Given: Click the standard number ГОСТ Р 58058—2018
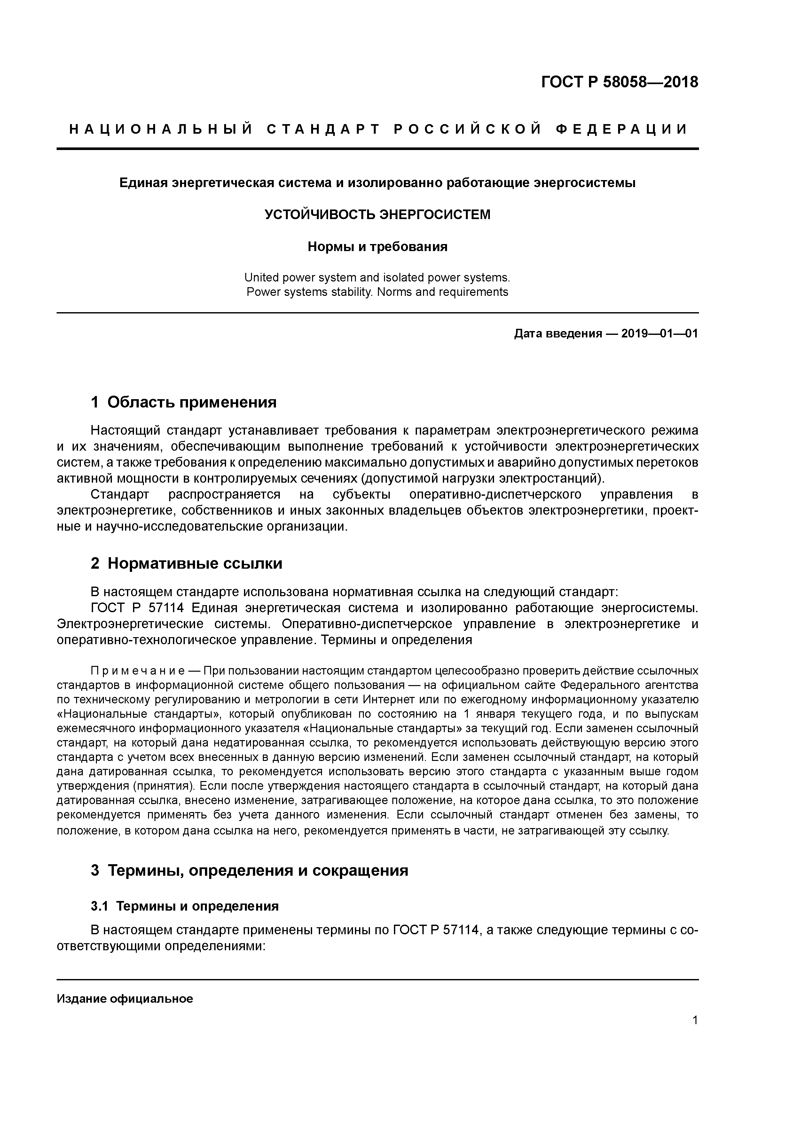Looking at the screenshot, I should click(x=620, y=82).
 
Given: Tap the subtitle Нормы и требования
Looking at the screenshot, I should click(x=377, y=247).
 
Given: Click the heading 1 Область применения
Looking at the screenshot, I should click(x=184, y=402).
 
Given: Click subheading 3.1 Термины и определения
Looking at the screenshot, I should click(x=185, y=906).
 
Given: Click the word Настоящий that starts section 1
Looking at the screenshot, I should click(x=126, y=431).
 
